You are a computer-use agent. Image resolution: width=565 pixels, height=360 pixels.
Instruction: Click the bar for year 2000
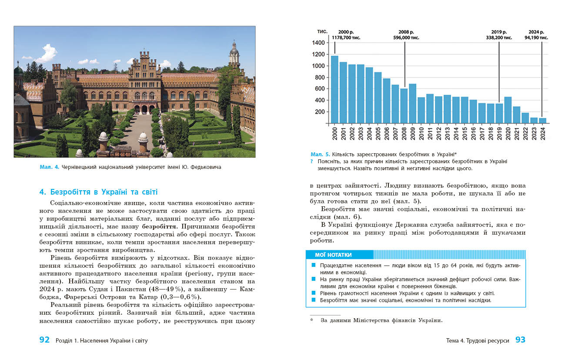(x=334, y=89)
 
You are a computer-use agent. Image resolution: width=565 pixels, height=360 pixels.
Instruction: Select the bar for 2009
(x=412, y=104)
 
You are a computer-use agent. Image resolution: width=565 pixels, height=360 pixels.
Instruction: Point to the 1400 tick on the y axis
(x=318, y=43)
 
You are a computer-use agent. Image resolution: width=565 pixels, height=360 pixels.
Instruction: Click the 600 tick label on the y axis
(x=319, y=89)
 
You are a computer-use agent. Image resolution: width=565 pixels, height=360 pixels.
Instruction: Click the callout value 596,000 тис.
(x=406, y=38)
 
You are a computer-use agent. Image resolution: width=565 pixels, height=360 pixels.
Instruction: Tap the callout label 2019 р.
(x=499, y=32)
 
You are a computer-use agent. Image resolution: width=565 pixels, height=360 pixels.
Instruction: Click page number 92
(x=44, y=340)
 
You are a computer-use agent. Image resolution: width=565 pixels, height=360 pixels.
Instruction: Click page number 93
(x=520, y=340)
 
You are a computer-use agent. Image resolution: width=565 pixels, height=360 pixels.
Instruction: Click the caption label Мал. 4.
(x=50, y=167)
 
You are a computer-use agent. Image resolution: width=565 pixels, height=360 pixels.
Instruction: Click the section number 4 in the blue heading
(x=42, y=192)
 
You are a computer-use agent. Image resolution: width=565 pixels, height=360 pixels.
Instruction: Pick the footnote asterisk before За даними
(x=312, y=321)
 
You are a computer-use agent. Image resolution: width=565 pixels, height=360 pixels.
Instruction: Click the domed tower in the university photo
(x=234, y=54)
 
